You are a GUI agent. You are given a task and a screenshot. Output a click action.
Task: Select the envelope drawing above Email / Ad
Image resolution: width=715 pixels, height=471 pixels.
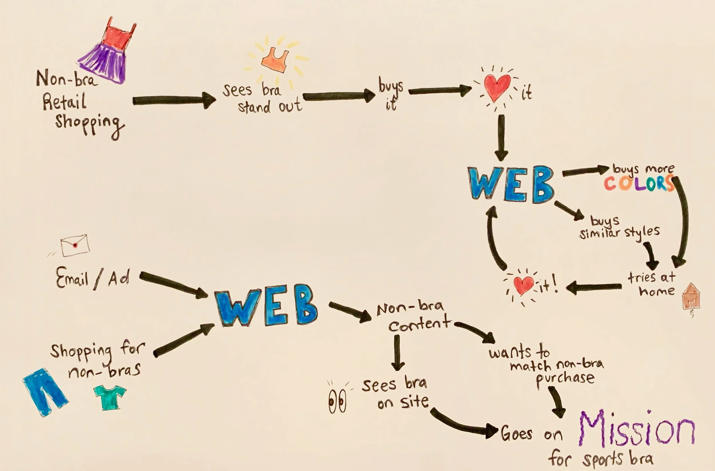(x=75, y=245)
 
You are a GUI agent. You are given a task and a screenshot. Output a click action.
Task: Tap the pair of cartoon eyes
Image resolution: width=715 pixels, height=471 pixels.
(x=337, y=401)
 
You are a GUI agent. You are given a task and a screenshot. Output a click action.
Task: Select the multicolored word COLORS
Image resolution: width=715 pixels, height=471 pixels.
(x=638, y=183)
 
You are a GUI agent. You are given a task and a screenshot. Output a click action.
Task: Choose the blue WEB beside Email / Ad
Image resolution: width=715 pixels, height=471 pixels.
(x=266, y=305)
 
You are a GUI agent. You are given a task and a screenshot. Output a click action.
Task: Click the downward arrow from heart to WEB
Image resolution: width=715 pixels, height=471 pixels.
(x=501, y=137)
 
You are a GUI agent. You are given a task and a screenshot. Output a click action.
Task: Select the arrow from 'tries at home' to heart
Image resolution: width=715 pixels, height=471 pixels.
(x=593, y=287)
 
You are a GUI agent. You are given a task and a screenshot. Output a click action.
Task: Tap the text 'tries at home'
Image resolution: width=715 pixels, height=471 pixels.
(x=652, y=284)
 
